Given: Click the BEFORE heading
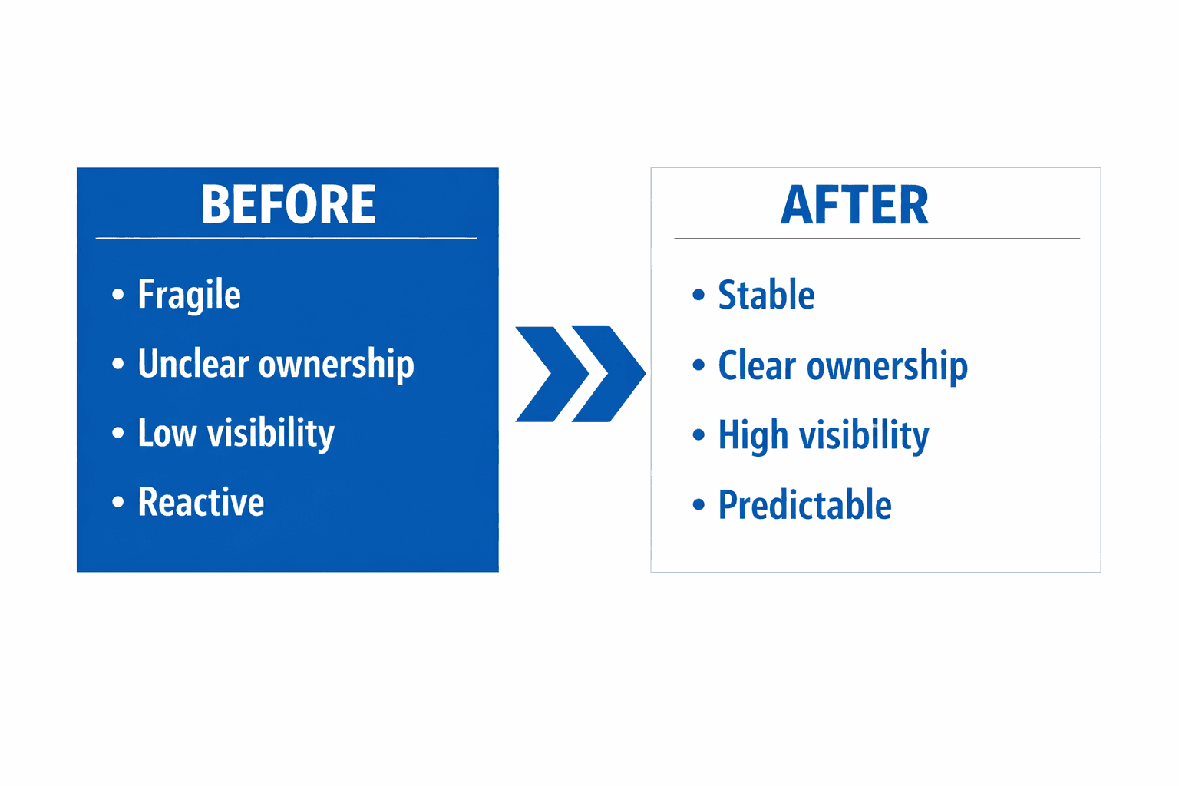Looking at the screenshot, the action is [x=289, y=204].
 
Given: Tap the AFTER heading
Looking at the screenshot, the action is [x=854, y=205].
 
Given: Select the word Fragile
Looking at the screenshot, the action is [x=189, y=296].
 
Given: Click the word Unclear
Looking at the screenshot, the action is [x=193, y=363].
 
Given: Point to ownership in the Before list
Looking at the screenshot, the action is [x=336, y=365].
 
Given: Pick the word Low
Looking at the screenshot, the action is [x=167, y=433].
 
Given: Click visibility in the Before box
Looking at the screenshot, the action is [x=270, y=434].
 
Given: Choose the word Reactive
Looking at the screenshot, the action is [x=200, y=502].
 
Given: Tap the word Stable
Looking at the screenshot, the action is [x=766, y=294].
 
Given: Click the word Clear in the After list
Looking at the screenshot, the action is [x=757, y=365].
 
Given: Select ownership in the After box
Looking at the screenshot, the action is [x=887, y=367].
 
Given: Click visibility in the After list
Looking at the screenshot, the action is [x=864, y=437].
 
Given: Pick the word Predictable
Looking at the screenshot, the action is [x=804, y=504].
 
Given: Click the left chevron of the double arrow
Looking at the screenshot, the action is [x=552, y=374].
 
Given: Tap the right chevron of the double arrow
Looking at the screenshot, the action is [x=609, y=374].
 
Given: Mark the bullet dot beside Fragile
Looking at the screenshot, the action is [x=118, y=294].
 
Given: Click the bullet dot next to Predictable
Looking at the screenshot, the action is [x=698, y=504].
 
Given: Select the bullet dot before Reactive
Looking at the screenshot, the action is [x=118, y=502].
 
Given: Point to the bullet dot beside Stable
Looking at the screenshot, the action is [x=698, y=294].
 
